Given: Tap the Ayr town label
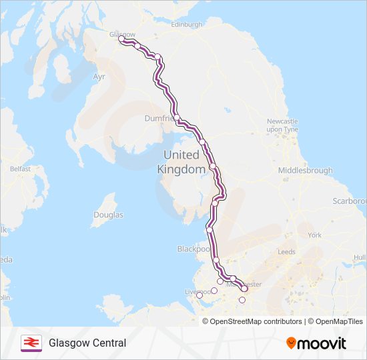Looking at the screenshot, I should pos(99,77).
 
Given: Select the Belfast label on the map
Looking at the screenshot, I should pos(20,169).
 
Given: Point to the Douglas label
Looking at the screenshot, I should pos(108,215).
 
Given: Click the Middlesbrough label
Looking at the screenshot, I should pos(305,171).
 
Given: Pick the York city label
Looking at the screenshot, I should pos(315,235).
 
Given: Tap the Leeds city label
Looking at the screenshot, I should pos(286,252).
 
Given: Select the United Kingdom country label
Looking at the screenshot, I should pos(181,162).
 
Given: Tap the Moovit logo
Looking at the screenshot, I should pos(316,343).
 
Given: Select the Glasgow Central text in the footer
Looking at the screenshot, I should pos(87,343).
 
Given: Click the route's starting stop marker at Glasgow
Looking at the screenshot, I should pos(121,39).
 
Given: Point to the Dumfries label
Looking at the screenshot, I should pos(159,118).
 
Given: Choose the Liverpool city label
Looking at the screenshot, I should pos(198,292).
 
